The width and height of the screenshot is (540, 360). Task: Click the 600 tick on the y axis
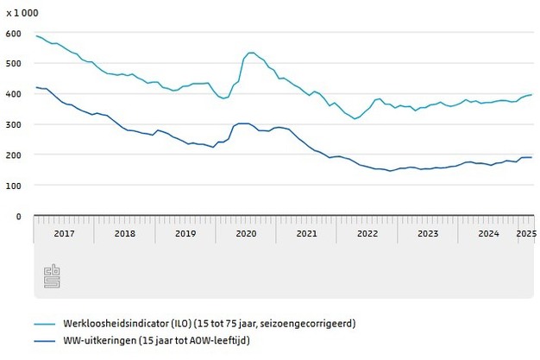(13, 33)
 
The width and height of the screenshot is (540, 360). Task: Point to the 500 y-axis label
(13, 63)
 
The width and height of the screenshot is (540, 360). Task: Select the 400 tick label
(13, 93)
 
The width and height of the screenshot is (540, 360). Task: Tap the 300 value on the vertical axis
(13, 124)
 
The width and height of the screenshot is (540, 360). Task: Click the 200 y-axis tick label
(13, 155)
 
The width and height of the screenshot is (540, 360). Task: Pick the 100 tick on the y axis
(13, 185)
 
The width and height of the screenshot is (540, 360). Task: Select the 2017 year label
(64, 233)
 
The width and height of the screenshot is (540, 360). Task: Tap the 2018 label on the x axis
(124, 233)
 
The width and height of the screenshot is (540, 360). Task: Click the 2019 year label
(185, 233)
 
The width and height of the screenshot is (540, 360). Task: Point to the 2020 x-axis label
(246, 233)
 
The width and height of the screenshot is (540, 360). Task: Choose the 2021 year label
(307, 233)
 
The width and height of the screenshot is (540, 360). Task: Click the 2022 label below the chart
(367, 233)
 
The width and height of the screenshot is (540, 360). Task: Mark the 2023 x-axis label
(428, 233)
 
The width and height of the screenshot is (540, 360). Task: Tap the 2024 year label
(489, 233)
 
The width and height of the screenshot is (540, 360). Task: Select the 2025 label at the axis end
(525, 233)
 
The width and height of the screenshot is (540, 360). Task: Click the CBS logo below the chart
(52, 277)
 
